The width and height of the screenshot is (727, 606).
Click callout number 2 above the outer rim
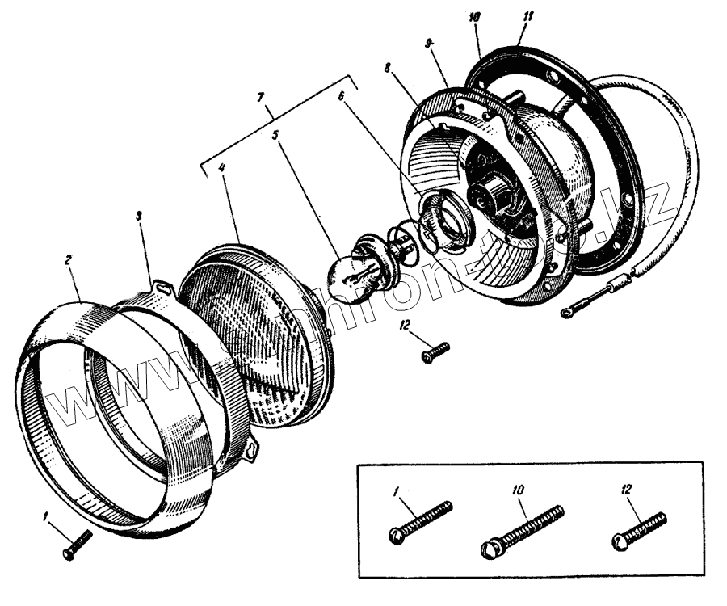(69, 260)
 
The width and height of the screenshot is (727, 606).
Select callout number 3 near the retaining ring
(139, 216)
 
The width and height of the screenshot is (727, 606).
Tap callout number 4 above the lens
(221, 170)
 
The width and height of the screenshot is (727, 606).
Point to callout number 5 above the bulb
(276, 135)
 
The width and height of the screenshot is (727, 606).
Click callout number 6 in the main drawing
(341, 95)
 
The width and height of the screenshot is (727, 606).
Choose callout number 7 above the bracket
(260, 97)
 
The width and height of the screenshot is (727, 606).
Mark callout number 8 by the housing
(389, 70)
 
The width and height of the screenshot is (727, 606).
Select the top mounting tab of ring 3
(164, 285)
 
